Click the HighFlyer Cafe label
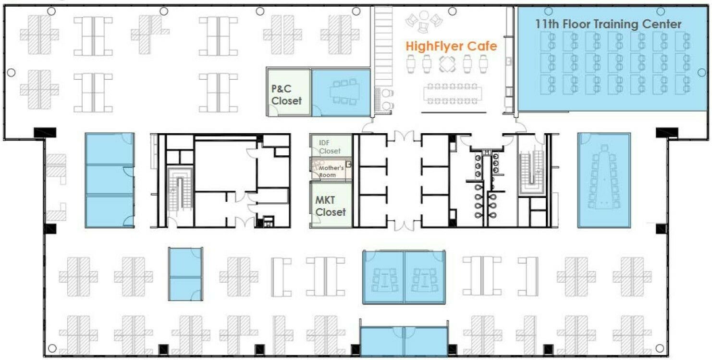pos(451,47)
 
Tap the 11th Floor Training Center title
pos(608,24)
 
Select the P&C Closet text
pos(286,95)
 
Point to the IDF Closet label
pos(330,147)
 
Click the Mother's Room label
pos(331,172)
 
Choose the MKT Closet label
pos(330,206)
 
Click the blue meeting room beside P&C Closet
pos(341,93)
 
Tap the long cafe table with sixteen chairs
pos(452,94)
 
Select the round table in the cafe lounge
pos(424,15)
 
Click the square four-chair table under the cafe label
pos(447,63)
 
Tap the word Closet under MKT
pos(331,212)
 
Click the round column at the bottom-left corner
pos(52,348)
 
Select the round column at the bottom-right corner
pos(660,348)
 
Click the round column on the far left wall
pos(11,73)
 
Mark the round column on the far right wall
pos(702,73)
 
